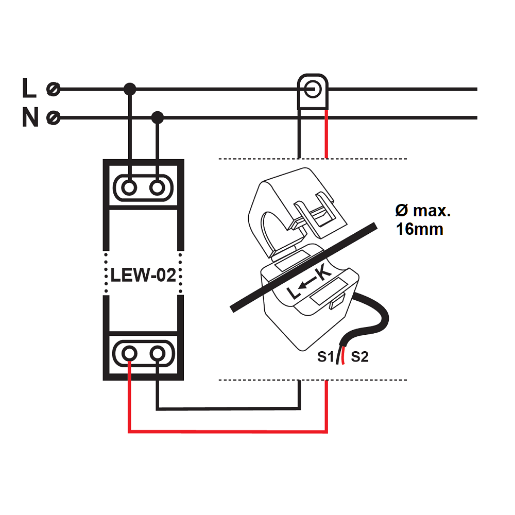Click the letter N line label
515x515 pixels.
pos(30,118)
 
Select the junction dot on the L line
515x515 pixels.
pos(130,89)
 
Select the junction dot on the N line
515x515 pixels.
pos(158,118)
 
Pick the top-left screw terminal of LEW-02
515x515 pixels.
pos(130,188)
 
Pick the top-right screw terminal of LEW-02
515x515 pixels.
pos(157,188)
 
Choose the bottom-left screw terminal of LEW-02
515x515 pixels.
pos(130,353)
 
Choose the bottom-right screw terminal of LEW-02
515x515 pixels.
pos(157,353)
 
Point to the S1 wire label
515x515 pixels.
pos(325,356)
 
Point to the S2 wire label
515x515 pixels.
pos(359,356)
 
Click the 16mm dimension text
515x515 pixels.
pos(419,229)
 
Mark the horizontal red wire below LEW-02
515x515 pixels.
pos(227,431)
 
